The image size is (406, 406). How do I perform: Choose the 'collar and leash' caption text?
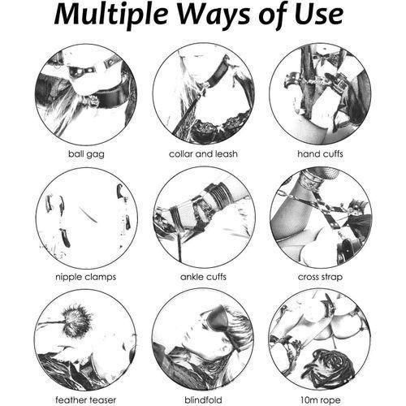(203, 153)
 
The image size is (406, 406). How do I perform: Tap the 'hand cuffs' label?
(320, 153)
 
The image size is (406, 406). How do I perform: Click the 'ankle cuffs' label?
(203, 276)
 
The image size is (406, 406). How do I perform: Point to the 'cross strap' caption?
(320, 276)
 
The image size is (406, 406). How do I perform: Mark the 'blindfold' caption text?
(203, 399)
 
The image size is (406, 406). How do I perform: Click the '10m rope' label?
(320, 399)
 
